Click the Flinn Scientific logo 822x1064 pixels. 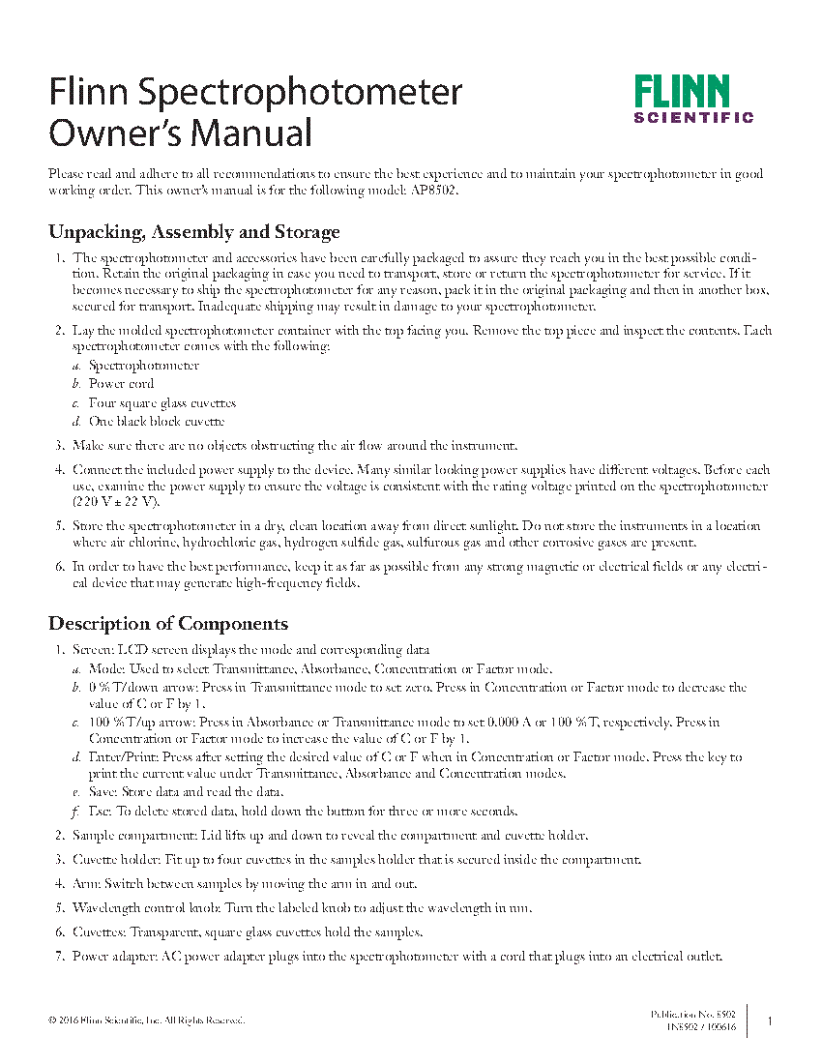(x=693, y=100)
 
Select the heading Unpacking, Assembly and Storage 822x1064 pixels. (x=193, y=232)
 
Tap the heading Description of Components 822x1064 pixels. (x=167, y=623)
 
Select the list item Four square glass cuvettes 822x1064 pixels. (x=161, y=403)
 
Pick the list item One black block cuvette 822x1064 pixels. (x=156, y=422)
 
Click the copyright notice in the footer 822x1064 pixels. (x=146, y=1020)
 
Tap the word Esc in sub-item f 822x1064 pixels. (x=99, y=811)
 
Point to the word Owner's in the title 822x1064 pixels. (x=113, y=132)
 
